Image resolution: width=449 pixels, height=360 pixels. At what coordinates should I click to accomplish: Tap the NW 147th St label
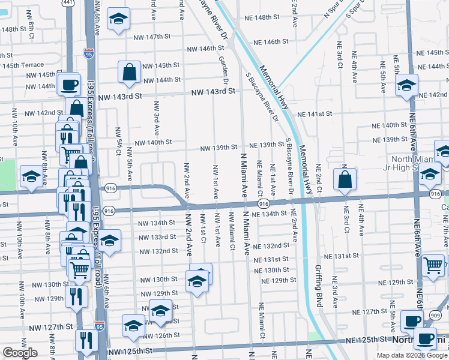pyautogui.click(x=150, y=37)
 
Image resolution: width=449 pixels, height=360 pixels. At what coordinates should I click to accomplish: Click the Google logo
pyautogui.click(x=20, y=353)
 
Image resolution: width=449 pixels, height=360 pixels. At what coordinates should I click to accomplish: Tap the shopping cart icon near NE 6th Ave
pyautogui.click(x=433, y=265)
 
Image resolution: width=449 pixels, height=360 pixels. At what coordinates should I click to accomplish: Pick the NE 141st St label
pyautogui.click(x=316, y=113)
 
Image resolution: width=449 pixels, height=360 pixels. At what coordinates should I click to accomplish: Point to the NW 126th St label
pyautogui.click(x=157, y=335)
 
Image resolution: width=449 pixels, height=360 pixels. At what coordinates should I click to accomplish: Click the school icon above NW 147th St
pyautogui.click(x=119, y=20)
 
